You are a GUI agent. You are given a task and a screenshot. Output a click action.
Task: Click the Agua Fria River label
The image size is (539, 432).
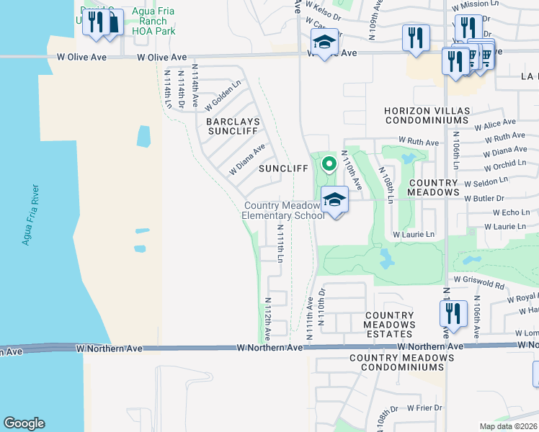31,215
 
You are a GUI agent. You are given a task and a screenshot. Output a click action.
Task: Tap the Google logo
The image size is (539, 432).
24,423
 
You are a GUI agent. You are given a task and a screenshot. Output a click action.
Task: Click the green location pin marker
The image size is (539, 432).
329,165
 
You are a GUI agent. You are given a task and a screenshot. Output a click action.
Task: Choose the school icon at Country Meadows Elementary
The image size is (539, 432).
334,199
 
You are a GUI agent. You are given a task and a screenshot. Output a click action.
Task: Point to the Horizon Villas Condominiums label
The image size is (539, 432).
427,115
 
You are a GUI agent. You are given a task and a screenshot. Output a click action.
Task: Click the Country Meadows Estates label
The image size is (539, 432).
389,325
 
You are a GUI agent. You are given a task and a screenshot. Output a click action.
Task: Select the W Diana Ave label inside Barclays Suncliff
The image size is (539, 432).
247,158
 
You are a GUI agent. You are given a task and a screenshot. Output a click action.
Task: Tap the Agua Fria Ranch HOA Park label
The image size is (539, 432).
153,22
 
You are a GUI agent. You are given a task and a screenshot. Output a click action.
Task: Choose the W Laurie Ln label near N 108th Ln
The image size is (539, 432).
414,235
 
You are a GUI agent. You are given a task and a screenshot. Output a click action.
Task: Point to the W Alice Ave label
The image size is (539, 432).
495,124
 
